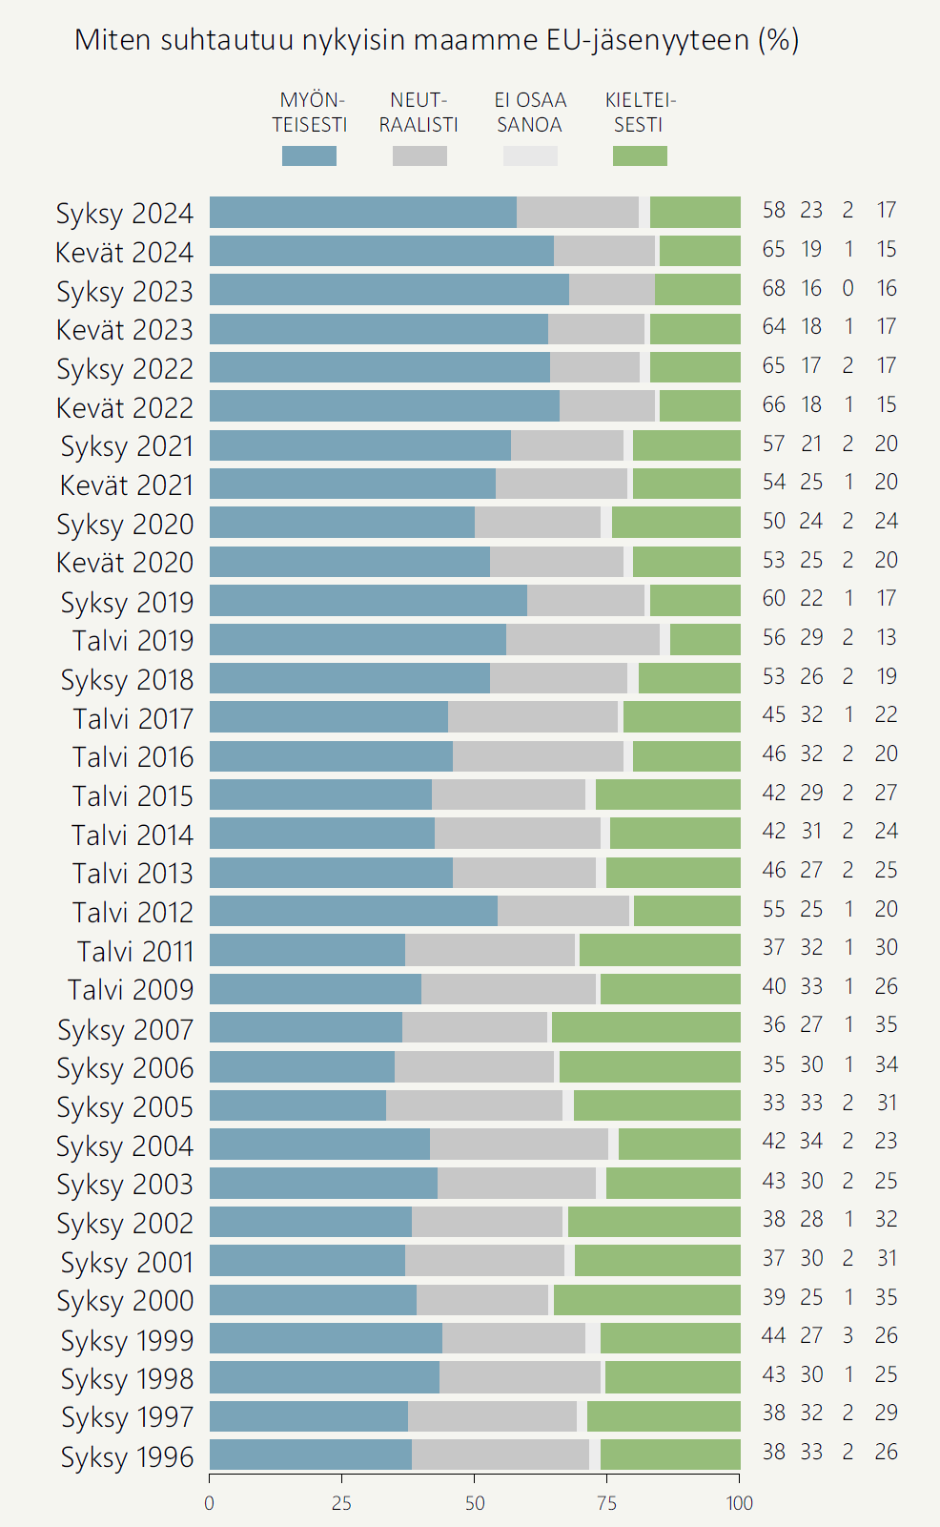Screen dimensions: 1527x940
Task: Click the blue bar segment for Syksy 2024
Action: [362, 212]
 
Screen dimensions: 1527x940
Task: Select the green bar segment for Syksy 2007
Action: [645, 1027]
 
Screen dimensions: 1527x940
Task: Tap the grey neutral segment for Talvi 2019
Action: [582, 639]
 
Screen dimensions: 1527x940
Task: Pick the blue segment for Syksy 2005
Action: [297, 1105]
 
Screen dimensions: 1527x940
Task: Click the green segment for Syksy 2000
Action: [646, 1300]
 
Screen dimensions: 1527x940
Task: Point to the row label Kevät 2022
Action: [125, 407]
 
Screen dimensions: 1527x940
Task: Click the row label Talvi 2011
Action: [135, 951]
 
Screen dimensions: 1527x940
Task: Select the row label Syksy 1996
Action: [127, 1456]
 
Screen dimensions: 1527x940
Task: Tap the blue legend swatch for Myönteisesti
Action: [309, 155]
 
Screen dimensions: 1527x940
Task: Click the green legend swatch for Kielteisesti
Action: [640, 155]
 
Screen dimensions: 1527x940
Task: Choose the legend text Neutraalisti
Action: [419, 113]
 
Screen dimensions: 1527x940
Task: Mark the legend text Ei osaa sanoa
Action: [530, 113]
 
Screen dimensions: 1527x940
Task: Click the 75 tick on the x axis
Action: [607, 1503]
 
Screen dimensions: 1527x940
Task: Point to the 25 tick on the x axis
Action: [341, 1503]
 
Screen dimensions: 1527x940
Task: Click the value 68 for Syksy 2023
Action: [773, 288]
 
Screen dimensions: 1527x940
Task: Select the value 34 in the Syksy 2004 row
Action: [811, 1141]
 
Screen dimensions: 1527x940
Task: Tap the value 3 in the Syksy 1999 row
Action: [848, 1335]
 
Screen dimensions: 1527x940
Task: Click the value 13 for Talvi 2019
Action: [887, 637]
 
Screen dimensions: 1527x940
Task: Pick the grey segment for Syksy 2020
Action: [538, 522]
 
